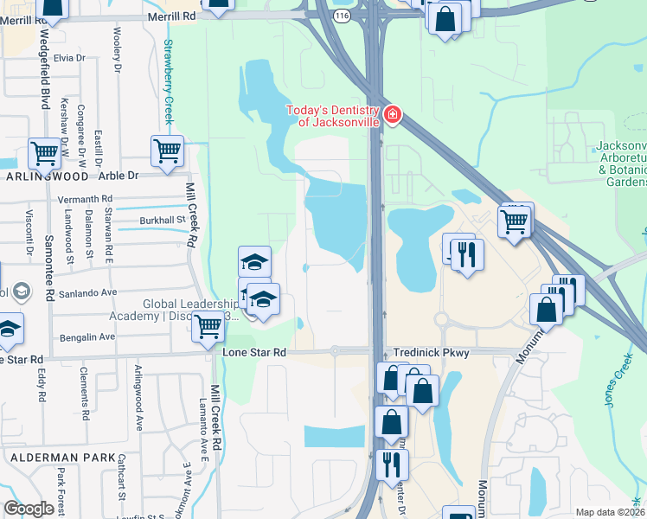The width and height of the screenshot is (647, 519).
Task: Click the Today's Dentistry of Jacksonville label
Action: tap(333, 116)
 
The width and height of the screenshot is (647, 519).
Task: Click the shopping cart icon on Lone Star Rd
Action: tap(208, 327)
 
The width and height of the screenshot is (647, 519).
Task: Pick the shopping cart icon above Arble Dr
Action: tap(167, 150)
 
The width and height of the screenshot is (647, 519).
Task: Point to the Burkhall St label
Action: tap(163, 220)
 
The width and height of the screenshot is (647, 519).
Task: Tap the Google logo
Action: tap(29, 508)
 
